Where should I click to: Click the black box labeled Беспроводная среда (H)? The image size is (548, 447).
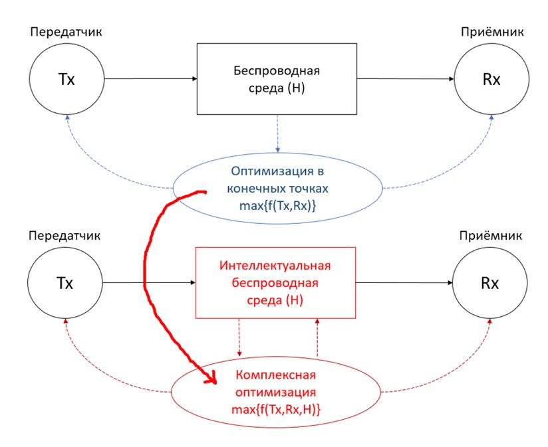(x=277, y=78)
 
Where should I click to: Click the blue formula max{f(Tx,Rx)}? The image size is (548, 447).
(x=277, y=205)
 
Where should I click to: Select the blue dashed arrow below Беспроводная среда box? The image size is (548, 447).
(x=277, y=133)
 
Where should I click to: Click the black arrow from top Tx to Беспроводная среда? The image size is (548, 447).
(x=150, y=79)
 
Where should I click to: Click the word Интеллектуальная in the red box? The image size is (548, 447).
(x=275, y=266)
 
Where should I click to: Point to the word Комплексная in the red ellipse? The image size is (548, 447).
(x=275, y=375)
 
